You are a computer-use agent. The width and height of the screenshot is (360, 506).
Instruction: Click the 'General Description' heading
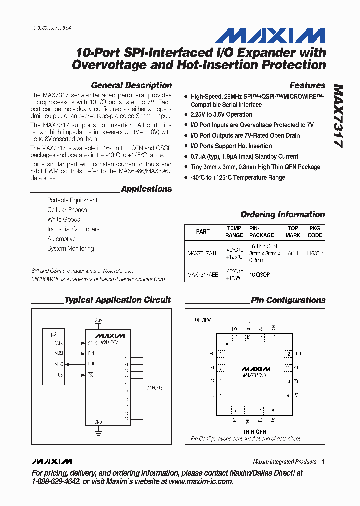point(131,85)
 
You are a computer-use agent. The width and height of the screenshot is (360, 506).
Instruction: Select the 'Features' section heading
point(307,85)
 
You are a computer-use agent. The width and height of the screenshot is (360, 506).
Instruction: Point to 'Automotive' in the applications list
point(61,239)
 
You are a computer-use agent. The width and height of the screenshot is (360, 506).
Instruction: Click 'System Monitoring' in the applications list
point(70,248)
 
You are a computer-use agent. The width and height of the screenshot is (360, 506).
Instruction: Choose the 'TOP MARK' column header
point(293,232)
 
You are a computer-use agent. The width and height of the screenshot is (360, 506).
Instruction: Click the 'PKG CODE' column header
point(315,232)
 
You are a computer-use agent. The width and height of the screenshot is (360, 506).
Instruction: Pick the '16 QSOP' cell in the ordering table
point(260,274)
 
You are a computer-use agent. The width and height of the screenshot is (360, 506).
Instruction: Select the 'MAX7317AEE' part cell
point(202,274)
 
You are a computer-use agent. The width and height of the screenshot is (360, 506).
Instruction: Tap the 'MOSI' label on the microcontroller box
point(59,353)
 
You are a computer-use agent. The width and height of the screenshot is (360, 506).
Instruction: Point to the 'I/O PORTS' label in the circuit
point(154,388)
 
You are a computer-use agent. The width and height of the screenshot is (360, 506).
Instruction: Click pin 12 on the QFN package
point(287,354)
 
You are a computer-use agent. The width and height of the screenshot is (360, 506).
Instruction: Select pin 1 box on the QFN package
point(221,354)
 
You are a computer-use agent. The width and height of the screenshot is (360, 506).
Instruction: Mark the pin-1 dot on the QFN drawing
point(227,344)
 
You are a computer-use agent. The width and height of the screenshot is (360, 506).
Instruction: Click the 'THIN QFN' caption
point(254,431)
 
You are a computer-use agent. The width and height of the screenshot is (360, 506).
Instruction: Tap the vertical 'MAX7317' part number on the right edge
point(337,116)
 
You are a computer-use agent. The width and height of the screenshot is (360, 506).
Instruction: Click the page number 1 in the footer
point(323,462)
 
